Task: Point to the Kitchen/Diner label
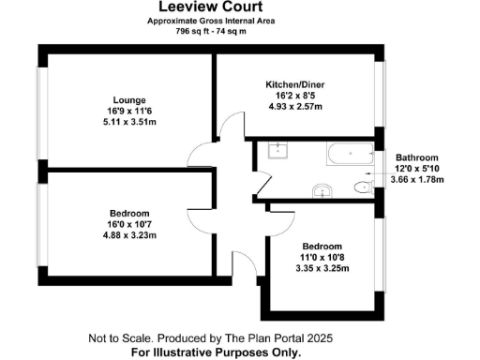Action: click(x=295, y=84)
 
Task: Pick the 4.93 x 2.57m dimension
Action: click(x=295, y=107)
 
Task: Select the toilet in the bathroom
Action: click(x=361, y=187)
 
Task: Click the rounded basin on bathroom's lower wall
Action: click(x=322, y=190)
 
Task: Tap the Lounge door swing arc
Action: click(x=200, y=153)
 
